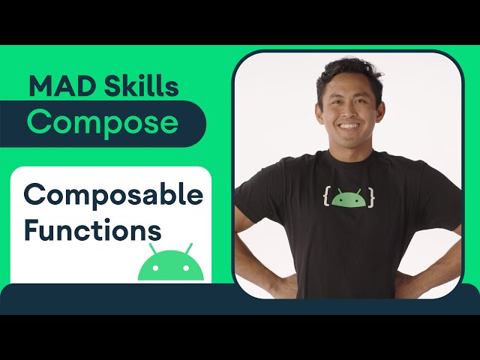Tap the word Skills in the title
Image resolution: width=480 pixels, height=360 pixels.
tap(135, 87)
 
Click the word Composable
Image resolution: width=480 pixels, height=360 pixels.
tap(113, 195)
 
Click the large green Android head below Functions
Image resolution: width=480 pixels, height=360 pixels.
tap(171, 264)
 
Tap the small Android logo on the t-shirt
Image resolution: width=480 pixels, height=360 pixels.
tap(349, 199)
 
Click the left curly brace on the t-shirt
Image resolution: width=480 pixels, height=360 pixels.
tap(327, 197)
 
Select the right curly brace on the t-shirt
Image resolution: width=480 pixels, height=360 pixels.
tap(370, 197)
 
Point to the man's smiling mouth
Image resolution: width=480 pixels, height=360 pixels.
tap(352, 125)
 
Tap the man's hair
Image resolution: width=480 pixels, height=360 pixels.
tap(346, 69)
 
